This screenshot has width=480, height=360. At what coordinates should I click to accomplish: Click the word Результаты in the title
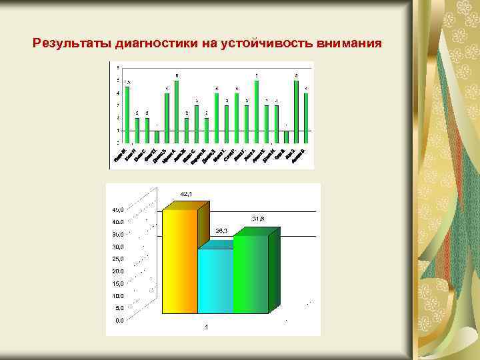point(73,45)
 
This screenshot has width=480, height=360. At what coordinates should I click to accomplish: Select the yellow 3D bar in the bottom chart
point(180,260)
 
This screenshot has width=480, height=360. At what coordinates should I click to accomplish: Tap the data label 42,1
point(185,194)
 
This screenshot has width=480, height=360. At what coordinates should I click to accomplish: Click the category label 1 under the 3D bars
point(207,327)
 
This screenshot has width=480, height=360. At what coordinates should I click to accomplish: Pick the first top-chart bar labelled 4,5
point(127,113)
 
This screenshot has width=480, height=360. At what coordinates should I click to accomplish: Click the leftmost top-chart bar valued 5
point(177,110)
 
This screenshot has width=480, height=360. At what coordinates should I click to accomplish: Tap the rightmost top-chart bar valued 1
point(286,136)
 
